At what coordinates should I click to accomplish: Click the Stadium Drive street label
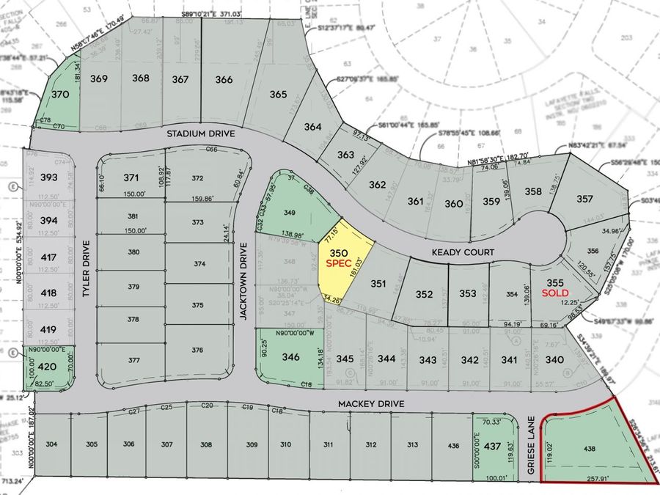tap(200, 134)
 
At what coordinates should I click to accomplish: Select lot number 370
tap(60, 94)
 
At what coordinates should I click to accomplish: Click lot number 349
tap(289, 213)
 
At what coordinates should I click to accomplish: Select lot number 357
tap(584, 198)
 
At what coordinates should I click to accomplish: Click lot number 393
tap(49, 177)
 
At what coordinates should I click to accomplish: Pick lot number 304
tap(51, 444)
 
